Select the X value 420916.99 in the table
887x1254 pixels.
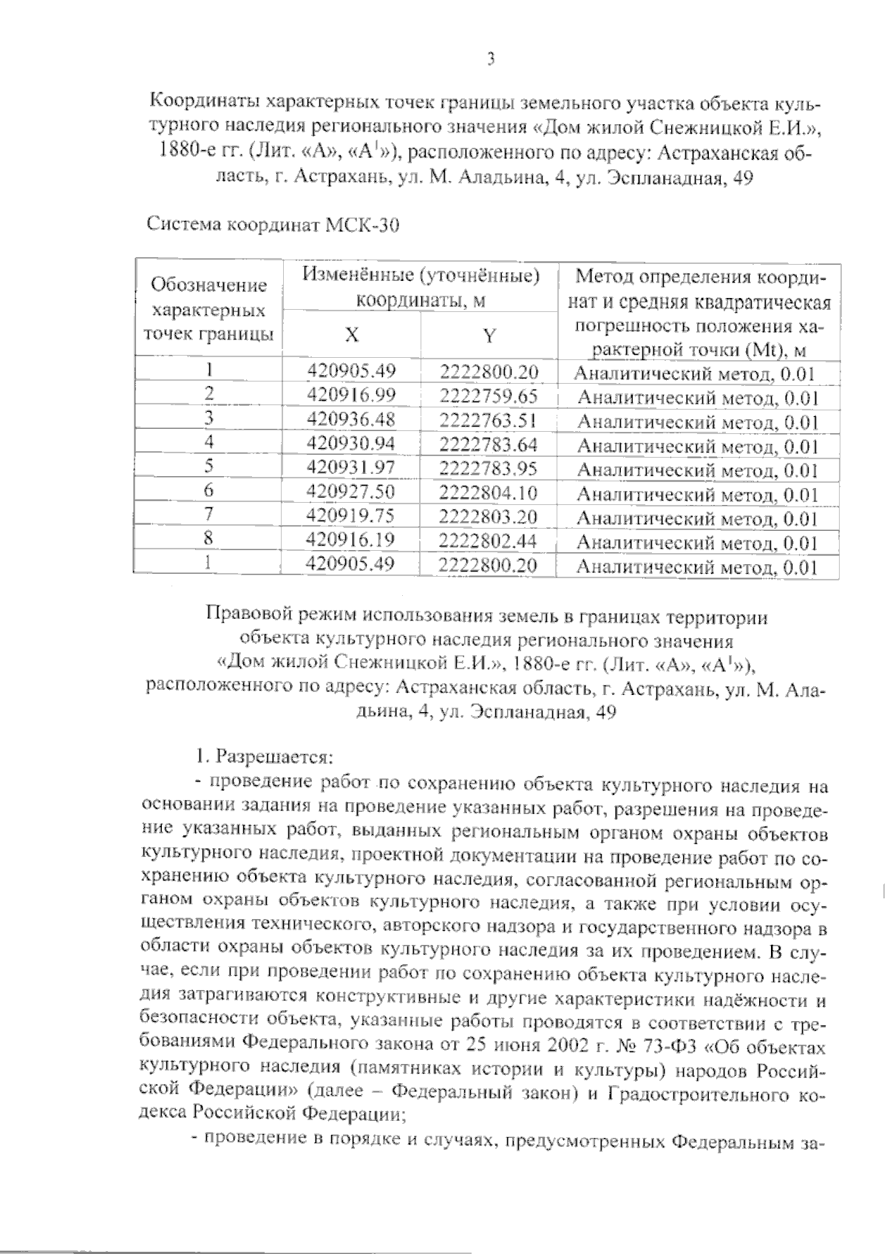pos(351,396)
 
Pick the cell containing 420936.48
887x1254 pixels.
pos(351,420)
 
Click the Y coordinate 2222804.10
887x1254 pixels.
pos(489,492)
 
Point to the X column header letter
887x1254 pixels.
pos(352,335)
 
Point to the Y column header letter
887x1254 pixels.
pos(489,336)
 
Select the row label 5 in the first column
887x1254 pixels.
pos(209,467)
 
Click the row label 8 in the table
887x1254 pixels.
pos(209,540)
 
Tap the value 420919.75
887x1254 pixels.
pos(351,516)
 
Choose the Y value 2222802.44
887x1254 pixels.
pos(489,540)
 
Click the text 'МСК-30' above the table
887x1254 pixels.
pos(363,226)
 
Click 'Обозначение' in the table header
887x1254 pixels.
pos(208,285)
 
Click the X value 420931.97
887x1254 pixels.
pos(351,468)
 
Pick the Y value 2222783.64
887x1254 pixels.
pos(489,444)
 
